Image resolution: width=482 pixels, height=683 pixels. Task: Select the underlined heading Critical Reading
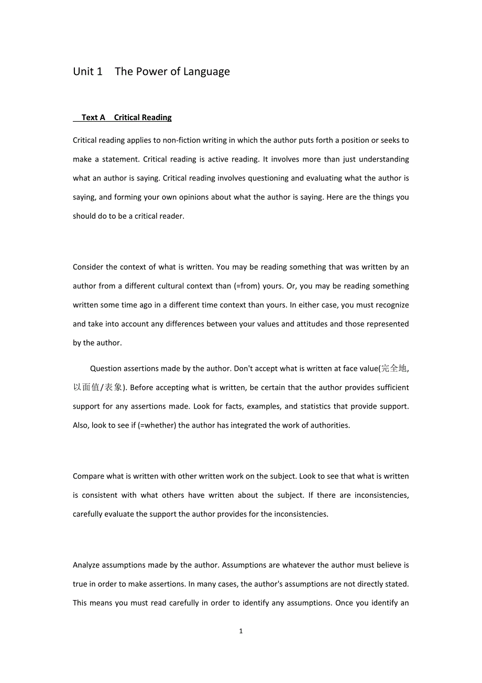tap(143, 118)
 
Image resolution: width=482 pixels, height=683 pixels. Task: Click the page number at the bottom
tap(241, 631)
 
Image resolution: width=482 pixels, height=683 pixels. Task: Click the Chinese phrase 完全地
tap(393, 368)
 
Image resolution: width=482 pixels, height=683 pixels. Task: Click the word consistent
tap(100, 495)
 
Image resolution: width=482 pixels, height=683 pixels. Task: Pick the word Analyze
tap(86, 565)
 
